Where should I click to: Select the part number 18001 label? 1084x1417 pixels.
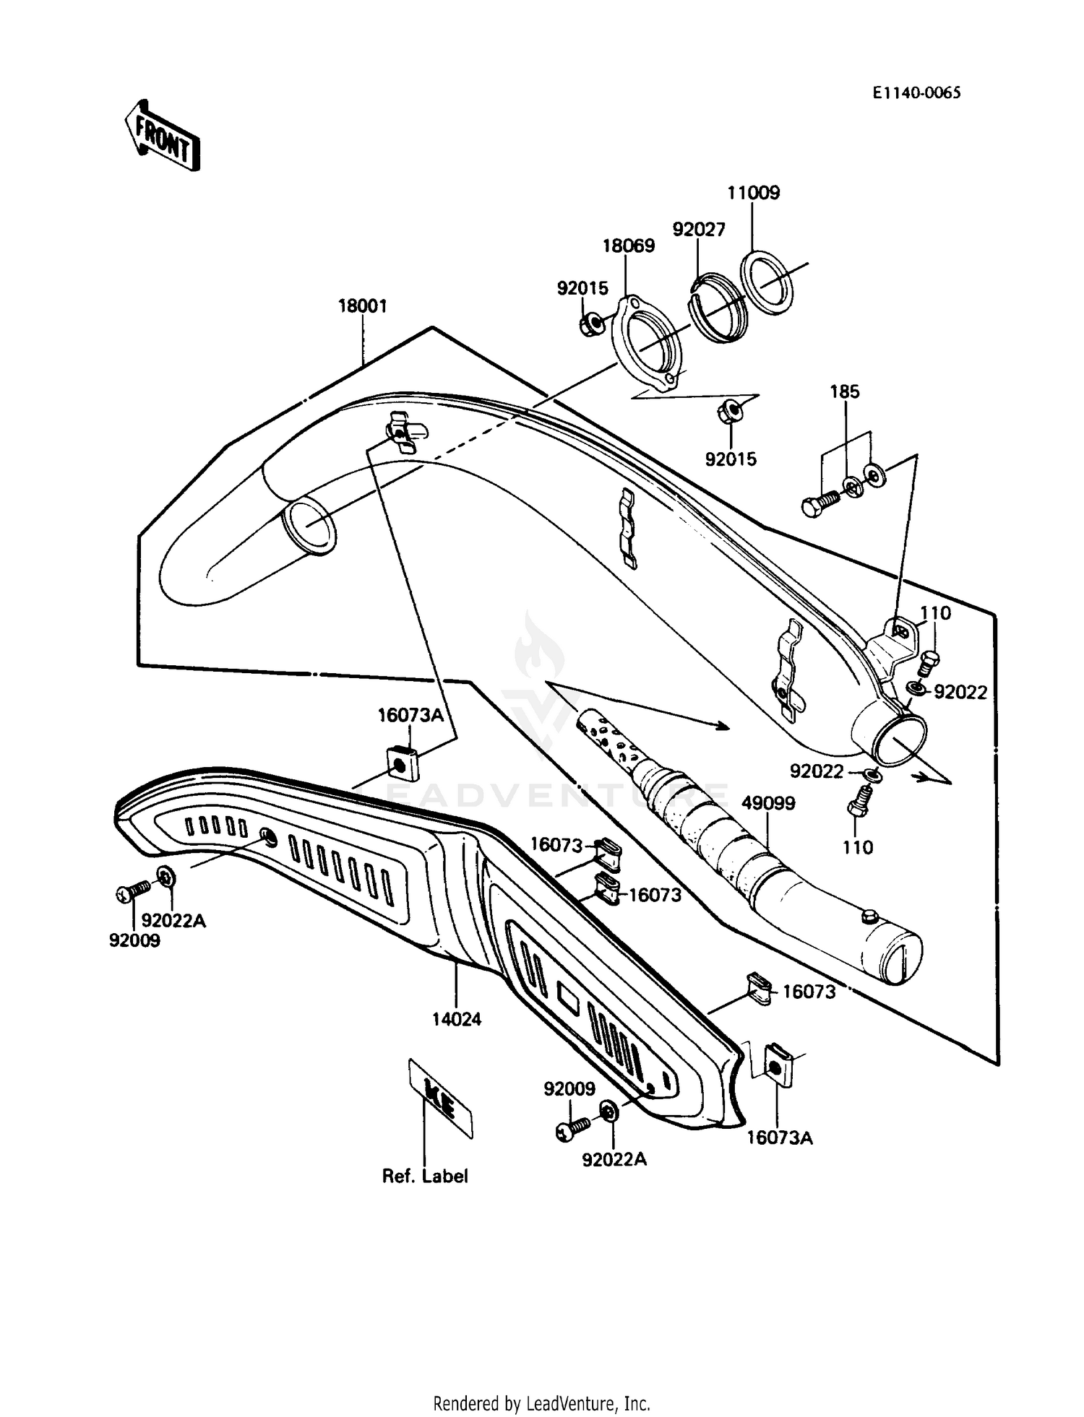point(363,306)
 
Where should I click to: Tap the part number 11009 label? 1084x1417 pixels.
point(754,193)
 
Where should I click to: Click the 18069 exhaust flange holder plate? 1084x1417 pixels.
point(647,345)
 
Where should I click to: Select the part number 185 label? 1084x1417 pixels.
point(845,391)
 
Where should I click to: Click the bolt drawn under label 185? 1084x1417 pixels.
point(819,502)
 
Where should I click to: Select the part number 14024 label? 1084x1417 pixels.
point(457,1019)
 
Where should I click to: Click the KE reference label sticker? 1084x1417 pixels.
point(440,1098)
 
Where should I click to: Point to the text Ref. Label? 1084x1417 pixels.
point(425,1176)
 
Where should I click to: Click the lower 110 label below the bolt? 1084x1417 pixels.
point(858,846)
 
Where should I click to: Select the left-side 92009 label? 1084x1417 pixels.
point(134,940)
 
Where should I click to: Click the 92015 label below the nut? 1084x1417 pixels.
point(731,459)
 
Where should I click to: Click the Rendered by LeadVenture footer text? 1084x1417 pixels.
point(541,1403)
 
